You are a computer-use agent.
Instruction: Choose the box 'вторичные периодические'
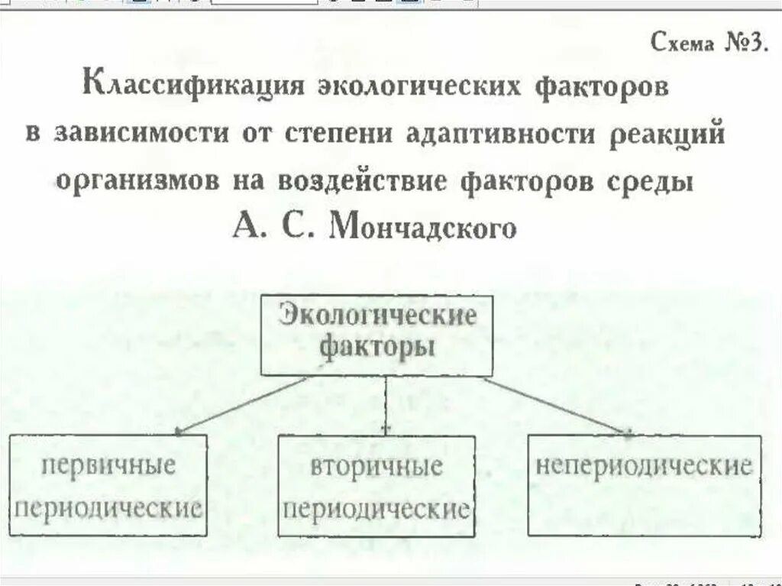(x=376, y=486)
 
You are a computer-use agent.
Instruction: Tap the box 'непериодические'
(x=644, y=484)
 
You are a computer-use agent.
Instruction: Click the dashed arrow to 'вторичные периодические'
(x=386, y=405)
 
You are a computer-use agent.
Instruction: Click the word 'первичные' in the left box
(x=108, y=465)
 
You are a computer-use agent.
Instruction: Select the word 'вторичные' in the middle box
(x=376, y=466)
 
